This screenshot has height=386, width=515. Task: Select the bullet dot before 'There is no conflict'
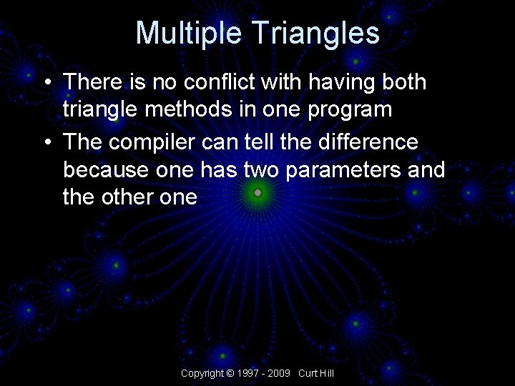pos(46,83)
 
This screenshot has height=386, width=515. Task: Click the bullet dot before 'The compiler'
pos(46,142)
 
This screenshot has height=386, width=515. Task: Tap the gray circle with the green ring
pos(257,192)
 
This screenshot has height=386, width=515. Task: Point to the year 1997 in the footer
pos(249,374)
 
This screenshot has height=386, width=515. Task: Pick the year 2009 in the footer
pos(280,374)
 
